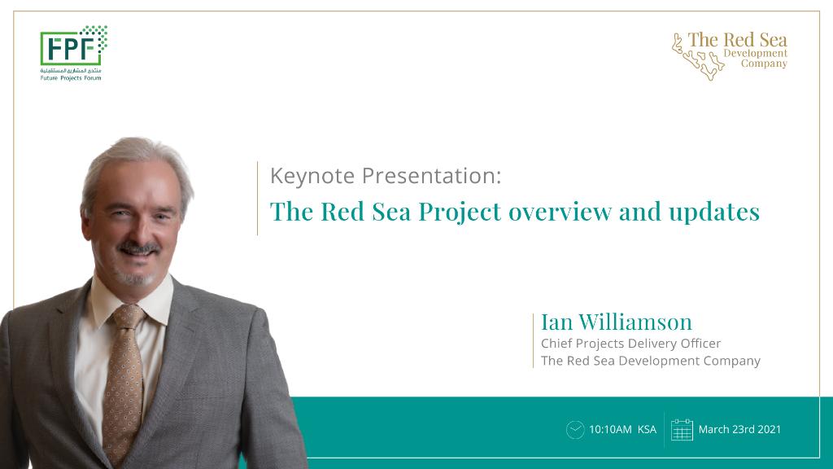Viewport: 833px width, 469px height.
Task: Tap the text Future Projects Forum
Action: point(72,78)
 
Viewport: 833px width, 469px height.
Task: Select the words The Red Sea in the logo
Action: point(737,40)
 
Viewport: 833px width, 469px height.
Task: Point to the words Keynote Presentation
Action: point(385,175)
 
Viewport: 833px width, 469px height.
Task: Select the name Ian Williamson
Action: point(617,322)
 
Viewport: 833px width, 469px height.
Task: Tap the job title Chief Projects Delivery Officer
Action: point(630,344)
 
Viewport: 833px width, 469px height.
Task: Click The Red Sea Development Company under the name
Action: point(650,361)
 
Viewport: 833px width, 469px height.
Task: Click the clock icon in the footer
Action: point(575,430)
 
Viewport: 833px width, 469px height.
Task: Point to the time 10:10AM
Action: point(610,430)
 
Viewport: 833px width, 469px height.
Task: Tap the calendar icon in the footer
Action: point(682,430)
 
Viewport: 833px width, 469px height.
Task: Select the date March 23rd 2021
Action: point(739,430)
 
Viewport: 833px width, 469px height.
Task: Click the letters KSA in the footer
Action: point(647,430)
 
